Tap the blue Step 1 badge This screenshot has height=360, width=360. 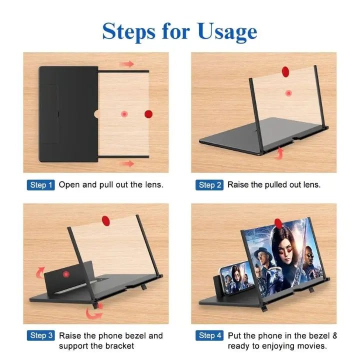[40, 185]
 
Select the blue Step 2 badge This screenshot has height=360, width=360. [209, 185]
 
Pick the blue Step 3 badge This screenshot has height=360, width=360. [40, 335]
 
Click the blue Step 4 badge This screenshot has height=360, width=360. [209, 335]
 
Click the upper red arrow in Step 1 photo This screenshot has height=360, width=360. [128, 64]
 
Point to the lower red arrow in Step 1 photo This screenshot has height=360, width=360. [128, 163]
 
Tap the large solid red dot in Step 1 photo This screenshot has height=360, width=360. [148, 114]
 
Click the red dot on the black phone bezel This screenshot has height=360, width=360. [65, 274]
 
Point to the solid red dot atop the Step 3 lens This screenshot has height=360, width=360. [105, 219]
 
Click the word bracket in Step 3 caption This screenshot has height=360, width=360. [121, 345]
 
